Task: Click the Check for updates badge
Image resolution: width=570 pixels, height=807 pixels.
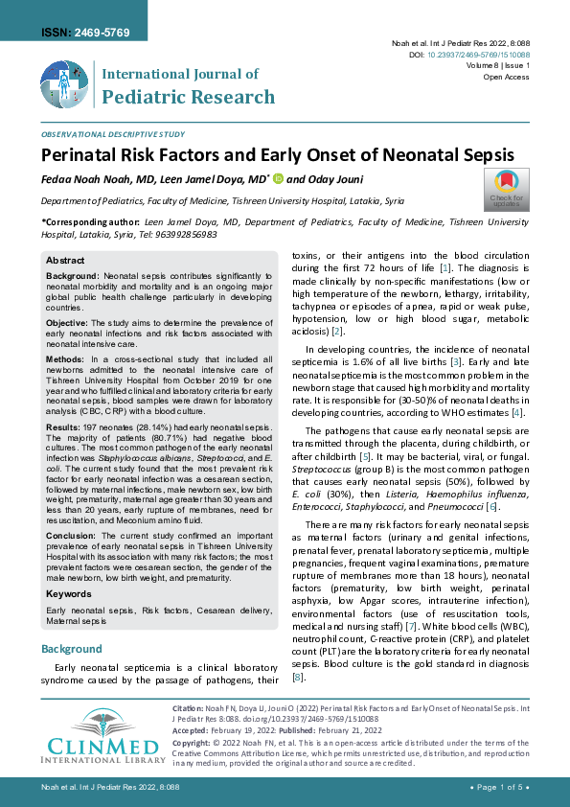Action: (x=506, y=188)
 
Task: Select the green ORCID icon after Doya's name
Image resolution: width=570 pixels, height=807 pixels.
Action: (x=279, y=178)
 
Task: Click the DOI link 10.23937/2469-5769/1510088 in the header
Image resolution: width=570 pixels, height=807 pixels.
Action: (x=475, y=56)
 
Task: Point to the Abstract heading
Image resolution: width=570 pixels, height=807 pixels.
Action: (x=66, y=261)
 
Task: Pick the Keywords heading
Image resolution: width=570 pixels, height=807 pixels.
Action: (x=70, y=593)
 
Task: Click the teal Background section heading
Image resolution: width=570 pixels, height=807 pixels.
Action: (x=72, y=649)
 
